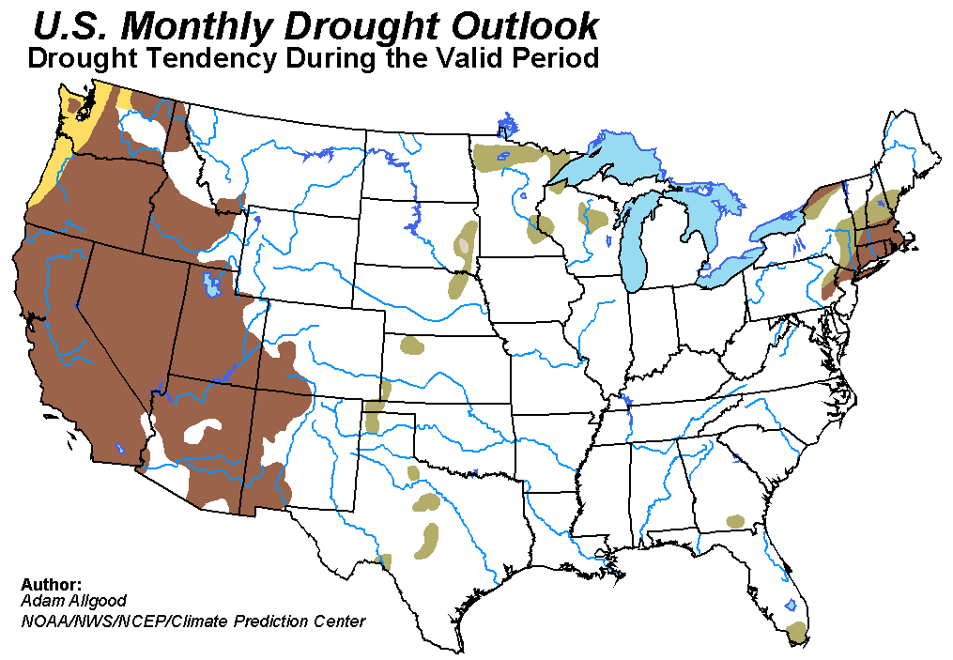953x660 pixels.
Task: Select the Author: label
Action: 52,584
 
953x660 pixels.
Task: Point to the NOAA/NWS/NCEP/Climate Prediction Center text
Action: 192,621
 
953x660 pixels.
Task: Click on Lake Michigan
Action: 638,235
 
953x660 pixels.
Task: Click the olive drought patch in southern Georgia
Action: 735,521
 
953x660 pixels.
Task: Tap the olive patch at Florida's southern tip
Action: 797,632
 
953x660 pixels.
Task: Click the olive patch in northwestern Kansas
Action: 411,345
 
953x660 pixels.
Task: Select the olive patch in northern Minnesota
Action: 512,156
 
